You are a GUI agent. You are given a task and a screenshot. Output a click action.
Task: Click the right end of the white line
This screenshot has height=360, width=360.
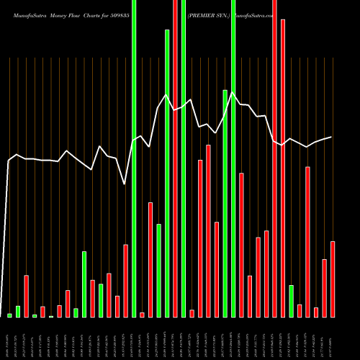coord(332,137)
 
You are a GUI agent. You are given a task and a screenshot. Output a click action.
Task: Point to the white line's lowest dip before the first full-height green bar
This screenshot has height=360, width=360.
coord(125,184)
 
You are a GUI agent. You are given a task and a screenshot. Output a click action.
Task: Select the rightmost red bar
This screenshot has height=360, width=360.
coord(332,279)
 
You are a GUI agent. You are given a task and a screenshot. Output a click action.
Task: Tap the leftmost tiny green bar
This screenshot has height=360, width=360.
coord(9,315)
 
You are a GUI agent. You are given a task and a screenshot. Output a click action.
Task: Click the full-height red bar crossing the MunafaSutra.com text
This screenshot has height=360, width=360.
coord(274,158)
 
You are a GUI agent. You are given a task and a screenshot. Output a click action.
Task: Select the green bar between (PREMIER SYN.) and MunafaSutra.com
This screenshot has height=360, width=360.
coord(233,158)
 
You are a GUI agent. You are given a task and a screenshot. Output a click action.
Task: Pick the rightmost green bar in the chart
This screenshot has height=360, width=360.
coord(291,301)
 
